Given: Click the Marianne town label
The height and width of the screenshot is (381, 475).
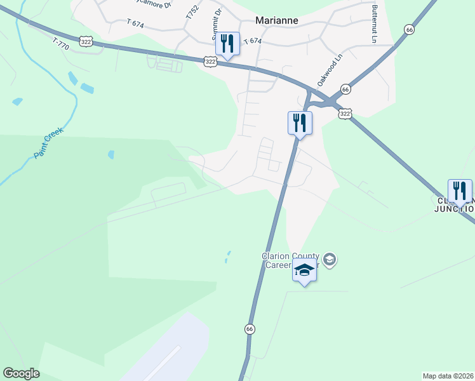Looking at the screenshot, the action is coord(277,20).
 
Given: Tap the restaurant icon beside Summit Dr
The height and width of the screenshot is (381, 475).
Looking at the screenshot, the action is coord(227,44).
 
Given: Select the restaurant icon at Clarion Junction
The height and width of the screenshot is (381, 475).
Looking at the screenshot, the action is coord(460,190).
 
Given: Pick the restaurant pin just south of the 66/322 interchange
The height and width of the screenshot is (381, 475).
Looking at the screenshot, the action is coord(300,123).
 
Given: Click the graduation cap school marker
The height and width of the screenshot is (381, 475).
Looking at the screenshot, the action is coord(304,271).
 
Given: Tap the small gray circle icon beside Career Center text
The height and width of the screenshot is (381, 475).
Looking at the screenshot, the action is coord(330,259).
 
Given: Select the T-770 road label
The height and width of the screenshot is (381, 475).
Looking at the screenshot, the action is coord(61,44).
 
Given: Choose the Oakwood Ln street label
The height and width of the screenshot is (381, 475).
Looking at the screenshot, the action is coord(330,69).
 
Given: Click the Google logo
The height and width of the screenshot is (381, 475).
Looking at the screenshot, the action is coord(21,373).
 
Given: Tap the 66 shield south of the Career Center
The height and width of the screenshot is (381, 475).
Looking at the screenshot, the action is coord(250,329).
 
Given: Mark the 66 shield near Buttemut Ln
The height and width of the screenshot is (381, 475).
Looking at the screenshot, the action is coord(409,30).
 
